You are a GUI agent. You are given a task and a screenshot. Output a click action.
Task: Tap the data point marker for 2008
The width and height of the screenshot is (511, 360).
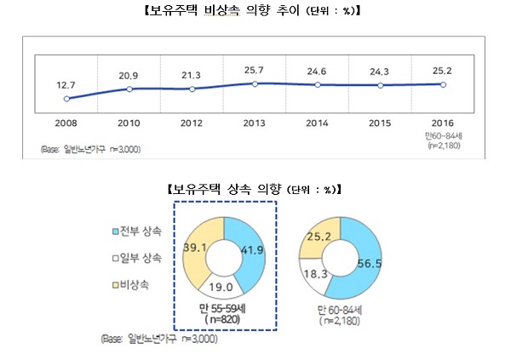(66, 99)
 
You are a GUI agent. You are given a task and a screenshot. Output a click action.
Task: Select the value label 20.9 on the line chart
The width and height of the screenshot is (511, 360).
(129, 76)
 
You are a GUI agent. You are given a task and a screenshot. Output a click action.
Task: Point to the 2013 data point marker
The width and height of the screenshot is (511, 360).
(255, 83)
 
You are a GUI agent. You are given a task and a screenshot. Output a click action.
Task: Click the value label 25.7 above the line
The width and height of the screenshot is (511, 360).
(255, 69)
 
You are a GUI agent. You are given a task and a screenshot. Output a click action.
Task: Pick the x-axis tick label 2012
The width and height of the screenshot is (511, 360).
(192, 122)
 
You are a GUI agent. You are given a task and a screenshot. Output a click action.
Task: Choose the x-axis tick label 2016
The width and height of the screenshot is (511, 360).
(443, 122)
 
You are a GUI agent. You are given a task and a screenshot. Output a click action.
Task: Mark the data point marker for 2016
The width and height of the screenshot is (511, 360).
(443, 84)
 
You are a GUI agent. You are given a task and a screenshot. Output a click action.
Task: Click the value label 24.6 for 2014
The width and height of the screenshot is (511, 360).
(318, 71)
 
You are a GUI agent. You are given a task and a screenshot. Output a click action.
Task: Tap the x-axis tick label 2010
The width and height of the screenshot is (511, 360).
(129, 122)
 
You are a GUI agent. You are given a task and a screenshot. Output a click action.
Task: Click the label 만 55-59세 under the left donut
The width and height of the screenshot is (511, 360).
(226, 307)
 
